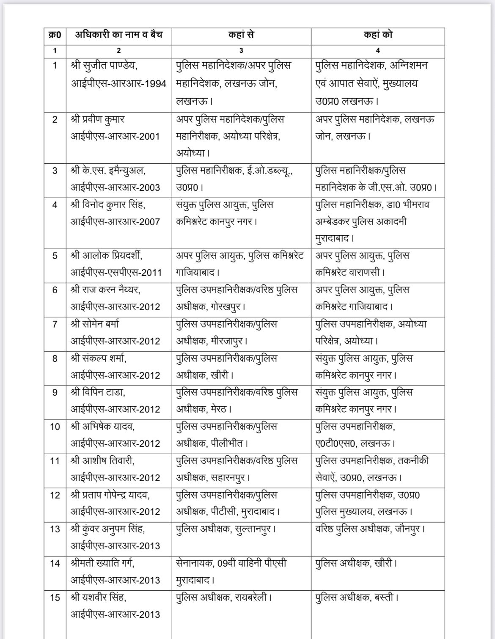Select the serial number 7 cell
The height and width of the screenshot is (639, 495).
[x=55, y=325]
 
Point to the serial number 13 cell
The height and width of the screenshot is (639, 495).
[x=55, y=529]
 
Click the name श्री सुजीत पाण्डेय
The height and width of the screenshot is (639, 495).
[x=104, y=66]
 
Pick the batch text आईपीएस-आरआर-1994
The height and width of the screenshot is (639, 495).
[x=119, y=84]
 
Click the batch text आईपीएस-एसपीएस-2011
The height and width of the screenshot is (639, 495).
[x=116, y=273]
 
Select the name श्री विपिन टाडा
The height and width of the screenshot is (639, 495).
[x=98, y=392]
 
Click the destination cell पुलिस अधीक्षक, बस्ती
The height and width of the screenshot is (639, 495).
[x=357, y=598]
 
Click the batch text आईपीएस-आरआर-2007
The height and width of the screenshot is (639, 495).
[x=115, y=222]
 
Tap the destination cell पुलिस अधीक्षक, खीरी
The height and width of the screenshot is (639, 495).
[x=356, y=563]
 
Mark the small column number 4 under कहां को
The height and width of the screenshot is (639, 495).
[x=378, y=51]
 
